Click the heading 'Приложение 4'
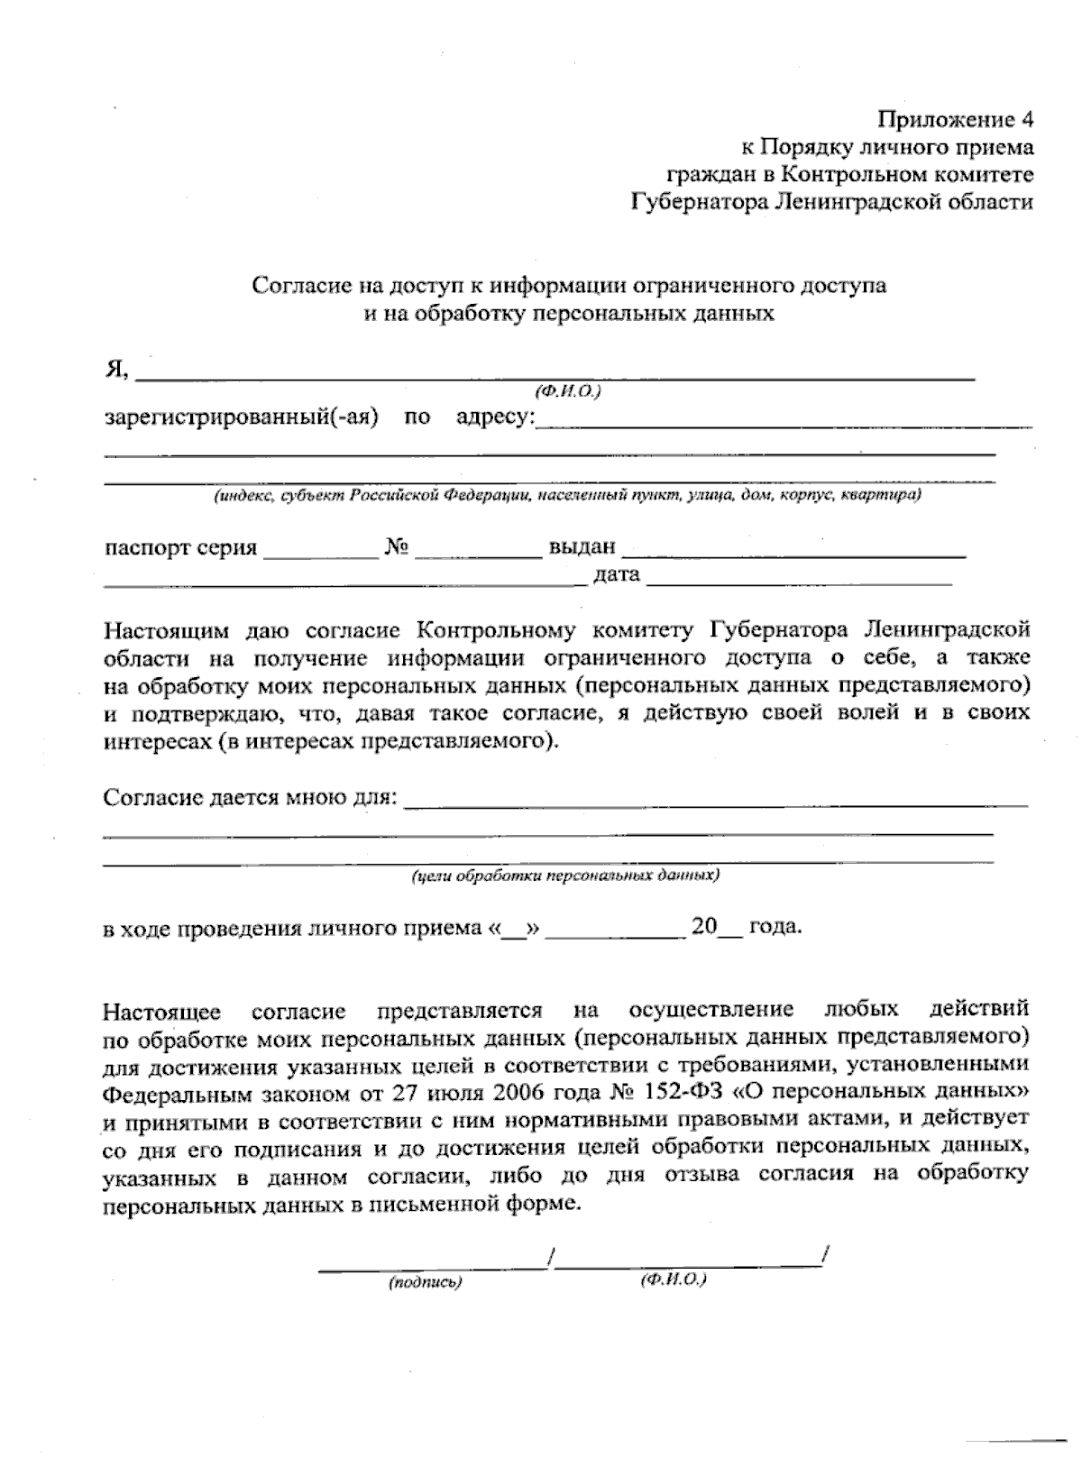956,119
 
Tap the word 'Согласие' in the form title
298,286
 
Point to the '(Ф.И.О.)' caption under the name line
567,390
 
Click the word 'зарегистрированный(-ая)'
241,417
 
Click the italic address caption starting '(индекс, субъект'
567,496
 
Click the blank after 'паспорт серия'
321,552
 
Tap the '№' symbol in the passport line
397,547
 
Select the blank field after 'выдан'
793,551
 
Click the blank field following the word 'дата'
799,578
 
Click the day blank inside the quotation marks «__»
511,930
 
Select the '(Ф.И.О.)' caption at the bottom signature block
673,1280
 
